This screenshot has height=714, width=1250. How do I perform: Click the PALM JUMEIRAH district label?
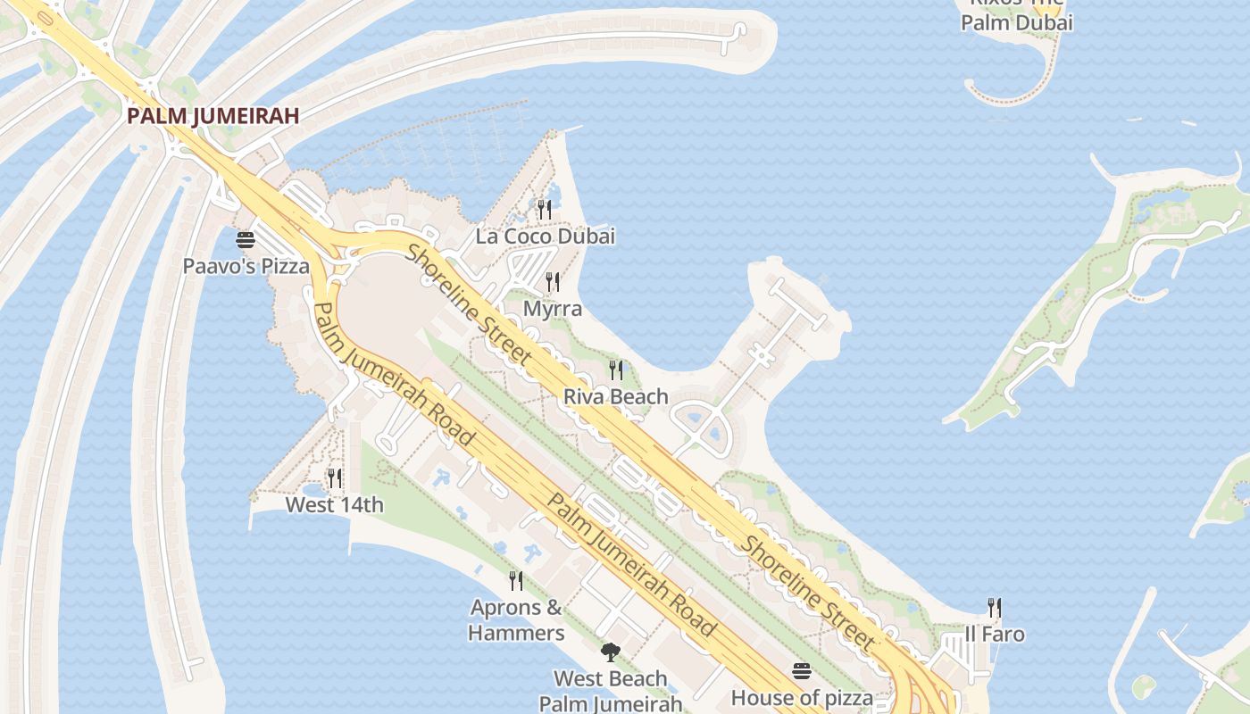[x=212, y=115]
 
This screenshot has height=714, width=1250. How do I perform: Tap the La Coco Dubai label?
[x=545, y=237]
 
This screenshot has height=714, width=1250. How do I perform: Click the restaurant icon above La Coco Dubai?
[x=545, y=210]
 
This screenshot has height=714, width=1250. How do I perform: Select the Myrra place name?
[x=553, y=309]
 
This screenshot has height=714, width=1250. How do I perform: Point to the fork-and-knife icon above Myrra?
[x=553, y=282]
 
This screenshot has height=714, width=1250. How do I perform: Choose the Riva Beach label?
[x=616, y=396]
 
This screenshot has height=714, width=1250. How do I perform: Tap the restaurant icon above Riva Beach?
[x=616, y=369]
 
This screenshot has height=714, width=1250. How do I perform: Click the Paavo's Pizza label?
[x=246, y=266]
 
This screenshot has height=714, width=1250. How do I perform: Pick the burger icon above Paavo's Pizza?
[x=246, y=239]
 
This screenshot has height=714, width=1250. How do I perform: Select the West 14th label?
[x=334, y=505]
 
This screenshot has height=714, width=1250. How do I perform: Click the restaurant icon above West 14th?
[x=334, y=478]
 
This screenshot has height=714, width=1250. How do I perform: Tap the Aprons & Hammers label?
[x=516, y=620]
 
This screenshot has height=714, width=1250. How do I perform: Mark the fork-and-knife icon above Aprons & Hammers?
[x=516, y=581]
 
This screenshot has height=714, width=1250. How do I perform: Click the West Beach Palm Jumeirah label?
[x=611, y=691]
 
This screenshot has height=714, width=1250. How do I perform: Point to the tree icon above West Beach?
[x=611, y=652]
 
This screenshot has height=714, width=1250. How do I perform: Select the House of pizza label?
[x=802, y=697]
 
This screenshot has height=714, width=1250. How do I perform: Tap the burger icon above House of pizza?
[x=802, y=670]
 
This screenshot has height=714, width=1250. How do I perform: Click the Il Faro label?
[x=995, y=635]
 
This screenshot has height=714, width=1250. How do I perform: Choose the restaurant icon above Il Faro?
[x=995, y=608]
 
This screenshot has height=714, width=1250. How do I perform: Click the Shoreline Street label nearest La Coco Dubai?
[x=469, y=303]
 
